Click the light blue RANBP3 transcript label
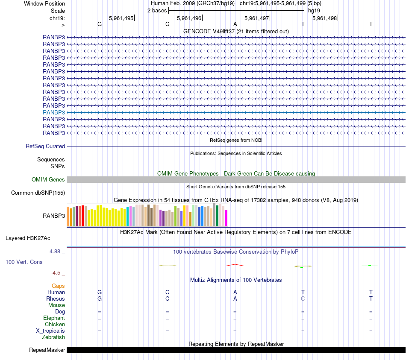click(x=54, y=112)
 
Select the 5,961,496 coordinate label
click(x=189, y=18)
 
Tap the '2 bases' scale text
click(x=157, y=10)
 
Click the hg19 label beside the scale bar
click(x=314, y=10)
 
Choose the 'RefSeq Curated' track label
click(x=45, y=146)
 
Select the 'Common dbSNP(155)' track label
click(x=38, y=193)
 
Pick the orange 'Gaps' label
click(x=58, y=286)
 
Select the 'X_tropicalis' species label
click(x=50, y=331)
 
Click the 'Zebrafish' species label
click(x=53, y=337)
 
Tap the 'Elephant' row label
click(x=54, y=318)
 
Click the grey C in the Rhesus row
click(x=303, y=299)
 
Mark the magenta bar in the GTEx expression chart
click(x=226, y=218)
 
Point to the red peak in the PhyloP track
click(x=235, y=265)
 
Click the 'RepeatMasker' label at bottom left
click(x=47, y=350)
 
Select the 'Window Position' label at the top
click(x=44, y=3)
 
